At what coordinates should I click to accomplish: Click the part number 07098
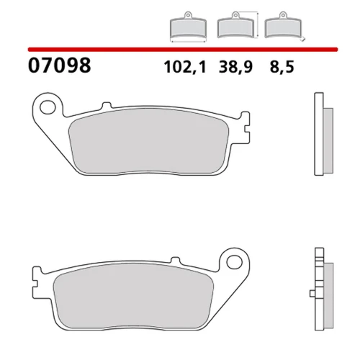tap(60, 66)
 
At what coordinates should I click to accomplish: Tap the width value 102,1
tap(185, 67)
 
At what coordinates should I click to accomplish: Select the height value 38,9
tap(235, 67)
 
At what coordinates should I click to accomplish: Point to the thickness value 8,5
tap(282, 67)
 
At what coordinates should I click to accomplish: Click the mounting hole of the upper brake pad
tap(48, 107)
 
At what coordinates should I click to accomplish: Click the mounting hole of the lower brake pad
tap(234, 262)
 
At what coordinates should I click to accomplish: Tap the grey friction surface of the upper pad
tap(149, 141)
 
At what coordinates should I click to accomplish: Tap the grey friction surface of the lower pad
tap(133, 296)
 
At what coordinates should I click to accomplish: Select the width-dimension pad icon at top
tap(188, 27)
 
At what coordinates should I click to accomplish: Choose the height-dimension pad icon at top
tap(235, 25)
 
